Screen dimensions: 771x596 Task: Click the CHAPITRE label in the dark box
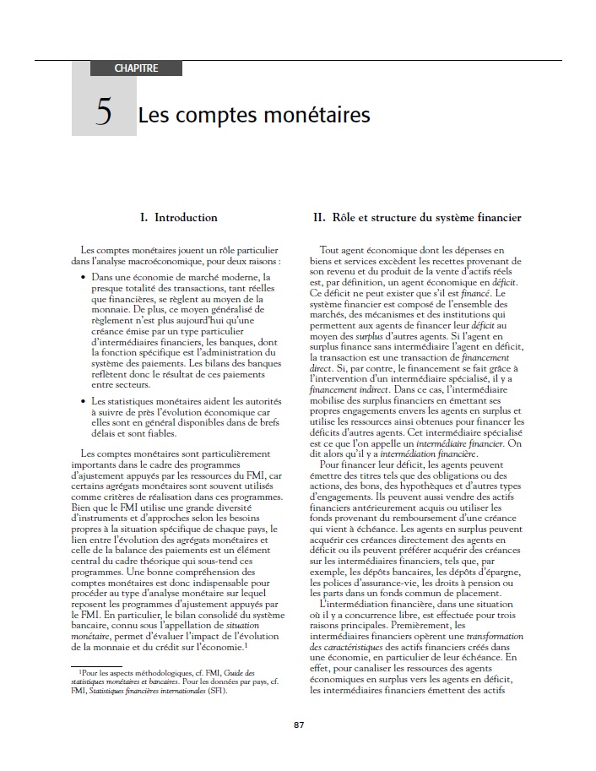[x=135, y=68]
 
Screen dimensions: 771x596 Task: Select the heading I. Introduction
[x=178, y=218]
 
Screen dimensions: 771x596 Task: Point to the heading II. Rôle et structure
[x=417, y=218]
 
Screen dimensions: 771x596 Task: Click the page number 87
[x=298, y=725]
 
